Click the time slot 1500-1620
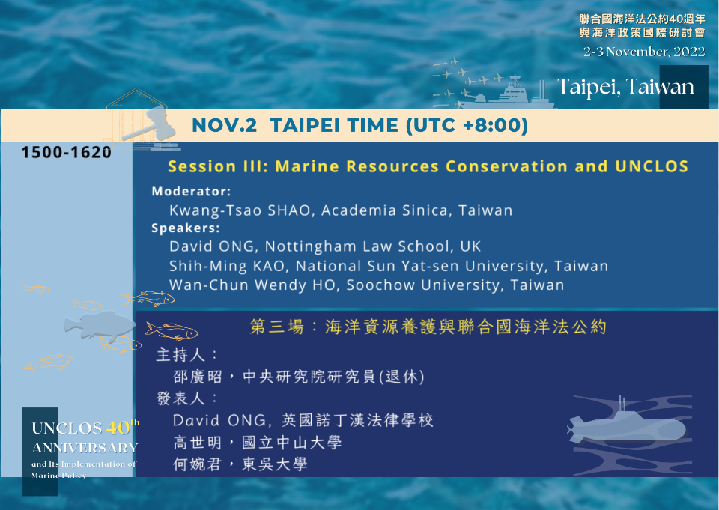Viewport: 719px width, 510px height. tap(67, 152)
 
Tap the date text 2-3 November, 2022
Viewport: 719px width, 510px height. tap(644, 52)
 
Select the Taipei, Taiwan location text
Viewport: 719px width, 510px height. tap(625, 87)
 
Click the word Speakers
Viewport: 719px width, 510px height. tap(184, 228)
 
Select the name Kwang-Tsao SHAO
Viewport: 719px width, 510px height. tap(240, 210)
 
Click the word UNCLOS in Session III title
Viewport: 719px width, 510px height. tap(651, 166)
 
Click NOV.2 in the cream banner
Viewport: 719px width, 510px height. tap(224, 125)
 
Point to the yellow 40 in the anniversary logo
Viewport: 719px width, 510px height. tap(118, 428)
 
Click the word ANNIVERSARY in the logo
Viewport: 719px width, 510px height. tap(85, 448)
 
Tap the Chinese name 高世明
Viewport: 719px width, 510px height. tap(198, 443)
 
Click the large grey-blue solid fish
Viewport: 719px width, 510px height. tap(100, 324)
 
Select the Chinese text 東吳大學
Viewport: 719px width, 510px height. tap(275, 464)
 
